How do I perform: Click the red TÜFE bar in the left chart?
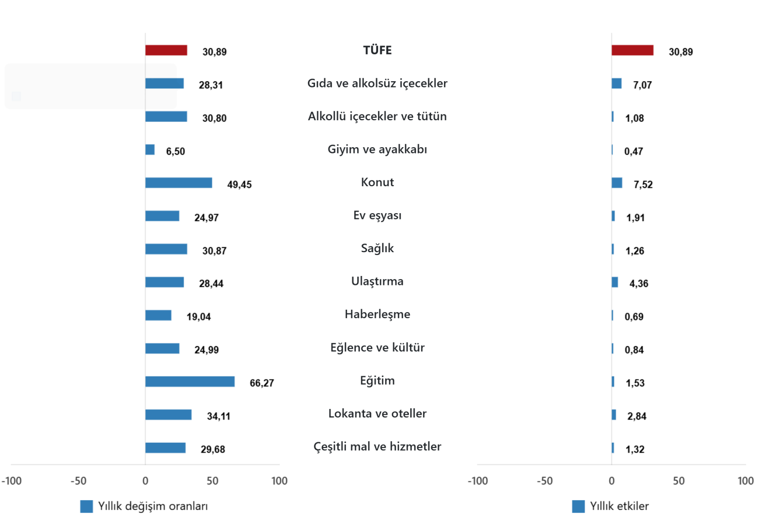click(166, 50)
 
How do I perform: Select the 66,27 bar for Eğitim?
click(190, 382)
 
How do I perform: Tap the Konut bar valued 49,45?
click(178, 183)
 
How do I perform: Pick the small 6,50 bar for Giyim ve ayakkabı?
click(150, 150)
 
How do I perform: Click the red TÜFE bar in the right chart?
click(632, 50)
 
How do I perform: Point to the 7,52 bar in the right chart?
click(617, 183)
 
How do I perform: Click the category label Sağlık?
click(377, 248)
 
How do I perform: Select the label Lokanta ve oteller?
click(377, 414)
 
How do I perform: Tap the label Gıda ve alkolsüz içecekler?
click(377, 84)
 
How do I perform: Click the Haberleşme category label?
click(377, 314)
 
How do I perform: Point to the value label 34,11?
click(218, 417)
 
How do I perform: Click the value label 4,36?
click(639, 284)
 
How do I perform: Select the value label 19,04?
click(198, 317)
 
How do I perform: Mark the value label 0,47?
click(633, 152)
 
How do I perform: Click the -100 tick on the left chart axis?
click(11, 481)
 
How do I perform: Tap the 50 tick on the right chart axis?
click(678, 481)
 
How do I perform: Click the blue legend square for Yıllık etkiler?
click(578, 506)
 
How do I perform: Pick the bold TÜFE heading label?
click(377, 50)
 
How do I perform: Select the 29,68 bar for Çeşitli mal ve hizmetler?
click(165, 448)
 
